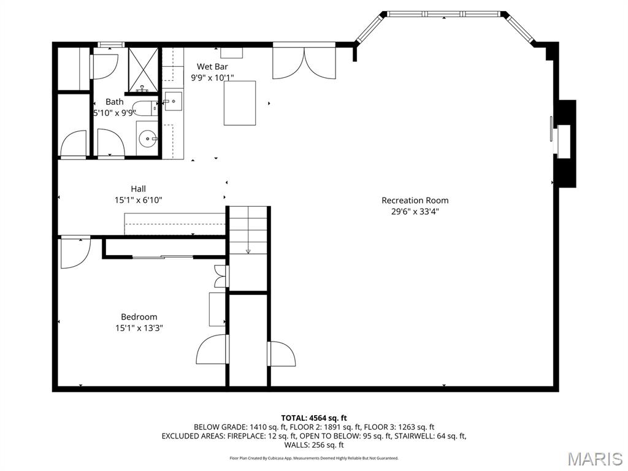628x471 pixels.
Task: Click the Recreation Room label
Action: tap(415, 200)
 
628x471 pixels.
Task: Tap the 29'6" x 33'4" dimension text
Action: tap(415, 212)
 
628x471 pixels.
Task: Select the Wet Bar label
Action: tap(212, 66)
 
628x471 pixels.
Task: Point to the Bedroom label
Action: tap(139, 316)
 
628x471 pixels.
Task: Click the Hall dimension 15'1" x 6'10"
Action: tap(139, 200)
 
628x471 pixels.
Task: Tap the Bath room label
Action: tap(114, 102)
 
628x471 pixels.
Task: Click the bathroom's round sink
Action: tap(147, 139)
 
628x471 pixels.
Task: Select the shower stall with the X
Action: tap(143, 68)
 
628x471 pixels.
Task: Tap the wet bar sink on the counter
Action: tap(173, 102)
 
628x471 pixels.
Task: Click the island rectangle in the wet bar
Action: tap(239, 103)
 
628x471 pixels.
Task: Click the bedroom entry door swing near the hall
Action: tap(75, 251)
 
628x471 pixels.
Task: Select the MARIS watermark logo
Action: tap(594, 459)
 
